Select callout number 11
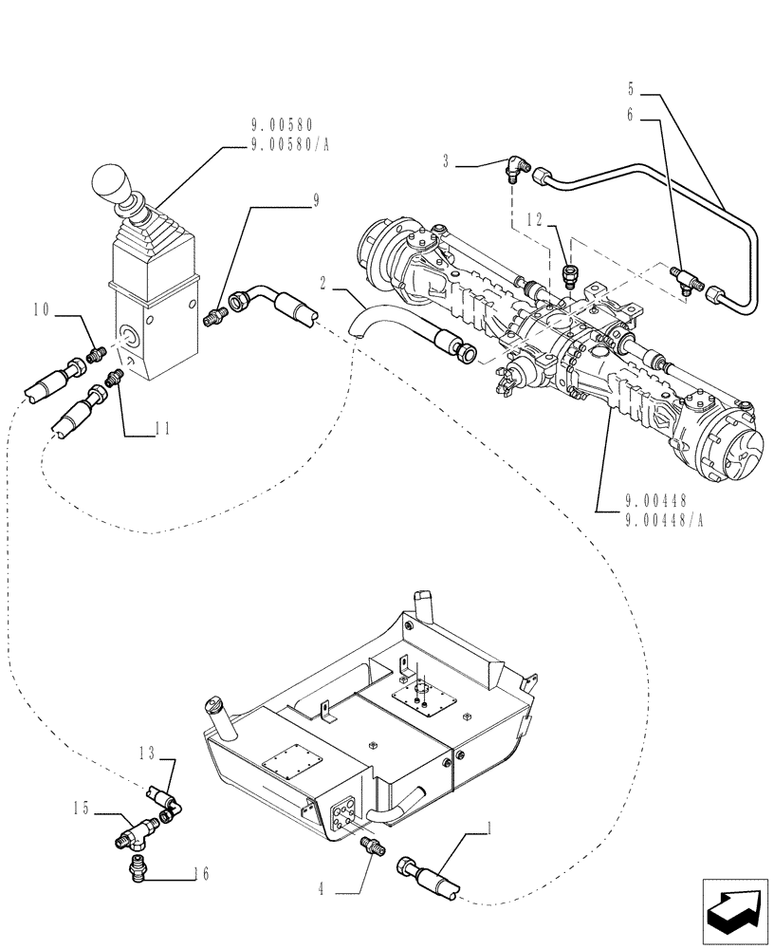coord(162,429)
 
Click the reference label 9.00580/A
coord(283,143)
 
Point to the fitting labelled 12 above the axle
coord(570,275)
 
